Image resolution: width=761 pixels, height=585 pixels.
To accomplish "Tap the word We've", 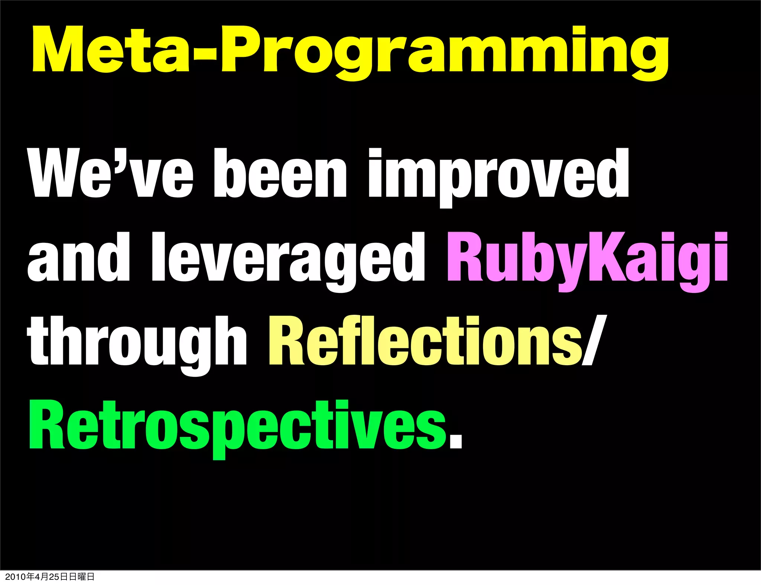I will [x=110, y=173].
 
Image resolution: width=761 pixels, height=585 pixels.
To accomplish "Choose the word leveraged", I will [x=288, y=260].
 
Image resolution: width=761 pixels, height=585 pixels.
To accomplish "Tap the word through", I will [x=137, y=342].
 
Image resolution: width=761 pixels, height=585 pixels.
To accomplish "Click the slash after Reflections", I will [x=594, y=340].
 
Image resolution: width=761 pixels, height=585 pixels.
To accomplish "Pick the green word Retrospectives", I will [x=238, y=426].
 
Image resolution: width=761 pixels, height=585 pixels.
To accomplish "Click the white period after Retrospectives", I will [x=456, y=442].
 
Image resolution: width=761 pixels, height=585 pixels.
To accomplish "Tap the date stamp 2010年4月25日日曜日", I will [x=50, y=576].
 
